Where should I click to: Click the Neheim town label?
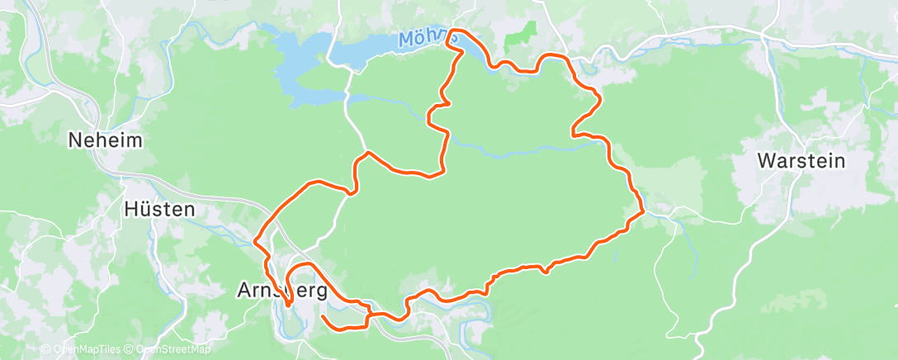pos(106,141)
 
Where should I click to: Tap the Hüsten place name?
pos(159,209)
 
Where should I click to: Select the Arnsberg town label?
pos(282,291)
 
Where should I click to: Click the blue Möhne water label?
pos(425,39)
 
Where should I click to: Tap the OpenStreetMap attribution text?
pos(174,349)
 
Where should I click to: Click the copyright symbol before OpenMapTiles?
pos(47,349)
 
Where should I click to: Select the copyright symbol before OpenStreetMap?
pos(130,349)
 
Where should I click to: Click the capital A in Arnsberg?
pos(244,291)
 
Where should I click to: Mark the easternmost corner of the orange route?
pos(642,211)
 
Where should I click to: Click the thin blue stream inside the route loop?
pos(528,151)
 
